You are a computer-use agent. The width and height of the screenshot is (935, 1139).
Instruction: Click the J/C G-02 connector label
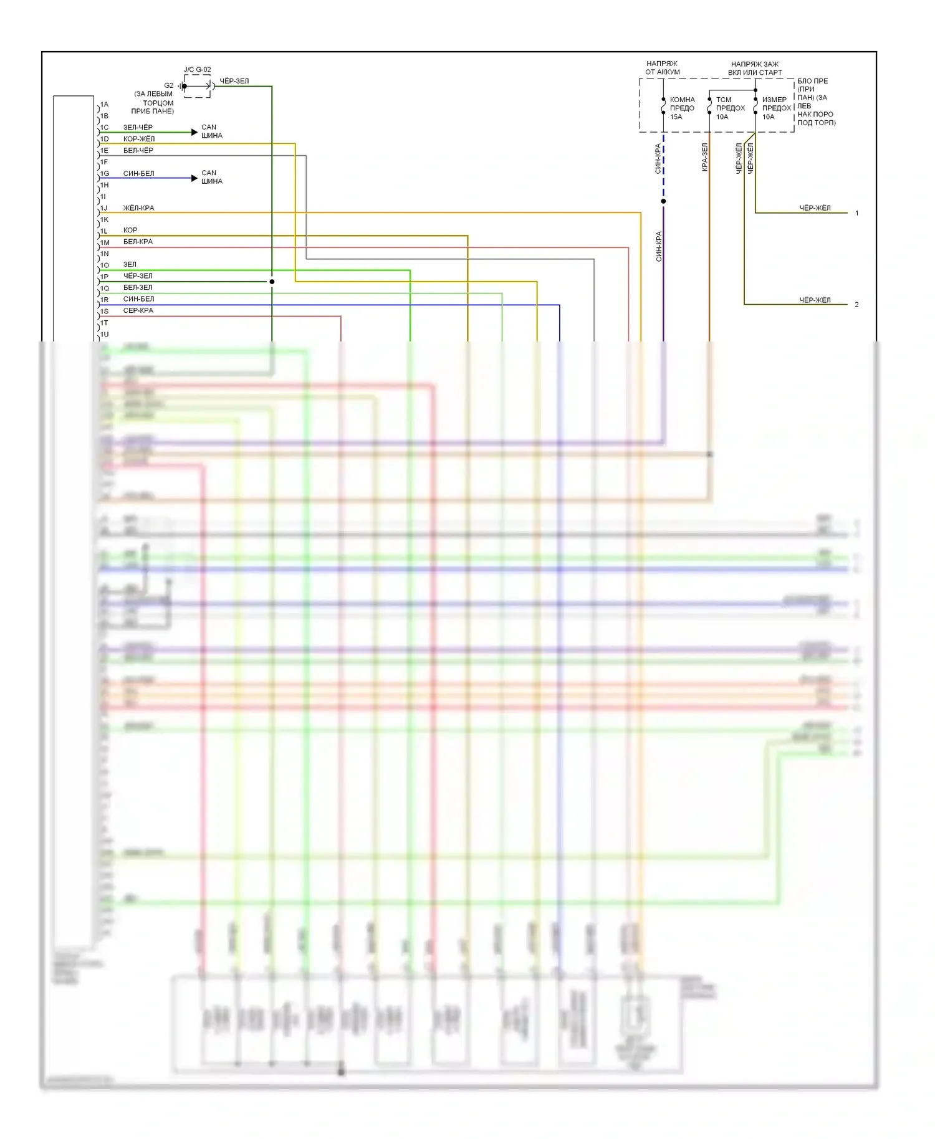coord(197,70)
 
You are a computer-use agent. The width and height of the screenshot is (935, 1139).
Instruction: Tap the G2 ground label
coord(169,85)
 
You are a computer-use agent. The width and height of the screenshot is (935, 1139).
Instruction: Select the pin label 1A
coord(104,104)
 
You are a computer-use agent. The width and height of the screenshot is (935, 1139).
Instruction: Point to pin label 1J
coord(104,208)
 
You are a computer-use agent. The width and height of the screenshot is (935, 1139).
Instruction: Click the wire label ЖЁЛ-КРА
coord(138,208)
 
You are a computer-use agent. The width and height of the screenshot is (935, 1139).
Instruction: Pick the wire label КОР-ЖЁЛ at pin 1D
coord(139,139)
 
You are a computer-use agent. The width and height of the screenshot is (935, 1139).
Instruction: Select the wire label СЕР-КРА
coord(138,310)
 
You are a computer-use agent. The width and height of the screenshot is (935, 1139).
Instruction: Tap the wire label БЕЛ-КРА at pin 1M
coord(138,242)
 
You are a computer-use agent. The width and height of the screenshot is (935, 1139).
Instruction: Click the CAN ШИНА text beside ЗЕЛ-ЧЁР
coord(211,131)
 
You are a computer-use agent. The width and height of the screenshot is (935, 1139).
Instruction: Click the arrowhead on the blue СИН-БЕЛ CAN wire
coord(194,178)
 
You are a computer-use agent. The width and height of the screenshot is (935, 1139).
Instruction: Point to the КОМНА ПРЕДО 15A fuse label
coord(682,108)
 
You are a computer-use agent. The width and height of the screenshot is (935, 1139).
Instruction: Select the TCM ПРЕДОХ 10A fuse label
coord(730,108)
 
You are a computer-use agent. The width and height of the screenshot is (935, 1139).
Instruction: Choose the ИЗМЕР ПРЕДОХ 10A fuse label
coord(776,108)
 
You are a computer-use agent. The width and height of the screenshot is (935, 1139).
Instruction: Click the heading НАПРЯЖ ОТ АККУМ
coord(662,68)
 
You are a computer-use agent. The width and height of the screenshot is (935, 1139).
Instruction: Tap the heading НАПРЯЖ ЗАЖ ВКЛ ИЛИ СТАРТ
coord(754,68)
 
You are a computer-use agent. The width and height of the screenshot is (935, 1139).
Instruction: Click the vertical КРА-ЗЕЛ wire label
coord(704,157)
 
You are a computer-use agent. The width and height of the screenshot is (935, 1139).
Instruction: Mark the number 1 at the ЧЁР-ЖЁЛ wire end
coord(857,213)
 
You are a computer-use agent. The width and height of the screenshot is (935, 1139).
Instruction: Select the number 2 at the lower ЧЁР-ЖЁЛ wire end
coord(857,305)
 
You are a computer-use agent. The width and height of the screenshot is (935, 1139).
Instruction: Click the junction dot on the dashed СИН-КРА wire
coord(663,201)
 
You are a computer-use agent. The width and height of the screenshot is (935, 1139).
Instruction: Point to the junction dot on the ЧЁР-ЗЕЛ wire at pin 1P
coord(272,282)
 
